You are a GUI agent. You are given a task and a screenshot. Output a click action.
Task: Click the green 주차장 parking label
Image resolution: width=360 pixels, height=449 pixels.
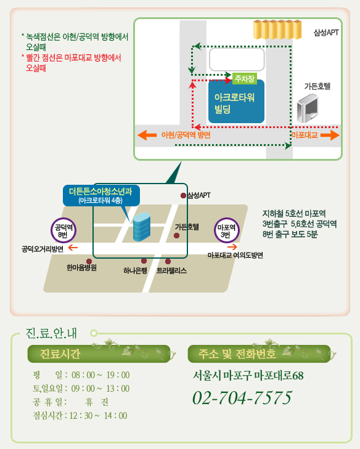coord(245,78)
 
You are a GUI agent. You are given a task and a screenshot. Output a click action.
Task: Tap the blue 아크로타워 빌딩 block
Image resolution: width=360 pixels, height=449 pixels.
coord(237,102)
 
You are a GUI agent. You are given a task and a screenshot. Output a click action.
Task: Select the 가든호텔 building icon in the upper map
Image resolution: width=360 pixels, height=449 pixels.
coord(307,109)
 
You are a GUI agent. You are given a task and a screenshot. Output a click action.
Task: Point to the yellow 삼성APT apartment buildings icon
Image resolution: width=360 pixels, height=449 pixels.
coord(277,29)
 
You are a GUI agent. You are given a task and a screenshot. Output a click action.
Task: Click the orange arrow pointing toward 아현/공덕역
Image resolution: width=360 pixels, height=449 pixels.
coord(147,135)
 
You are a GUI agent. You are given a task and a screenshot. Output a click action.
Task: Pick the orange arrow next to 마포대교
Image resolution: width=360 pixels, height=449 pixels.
coord(330,135)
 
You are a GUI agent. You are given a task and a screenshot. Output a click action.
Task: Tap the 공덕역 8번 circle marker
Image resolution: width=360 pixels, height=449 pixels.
coord(63,230)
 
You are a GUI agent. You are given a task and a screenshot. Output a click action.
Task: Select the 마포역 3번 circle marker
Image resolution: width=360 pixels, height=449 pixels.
coord(226,230)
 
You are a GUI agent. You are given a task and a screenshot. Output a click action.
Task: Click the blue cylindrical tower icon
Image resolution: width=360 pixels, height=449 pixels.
coord(142,227)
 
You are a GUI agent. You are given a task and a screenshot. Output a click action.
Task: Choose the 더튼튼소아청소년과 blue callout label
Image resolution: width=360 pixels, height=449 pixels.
coord(102,196)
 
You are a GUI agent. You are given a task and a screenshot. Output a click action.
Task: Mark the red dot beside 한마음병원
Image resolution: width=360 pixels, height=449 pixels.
coord(89,261)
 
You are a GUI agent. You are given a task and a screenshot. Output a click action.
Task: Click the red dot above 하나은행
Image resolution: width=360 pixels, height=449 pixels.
coord(144,261)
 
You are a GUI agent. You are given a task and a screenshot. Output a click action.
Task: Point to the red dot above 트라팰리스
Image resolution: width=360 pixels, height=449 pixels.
coord(168,261)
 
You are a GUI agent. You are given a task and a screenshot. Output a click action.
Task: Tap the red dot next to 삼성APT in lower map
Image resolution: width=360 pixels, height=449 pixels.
coord(183,196)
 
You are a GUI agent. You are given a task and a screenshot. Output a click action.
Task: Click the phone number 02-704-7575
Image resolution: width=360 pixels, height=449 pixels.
coord(242,398)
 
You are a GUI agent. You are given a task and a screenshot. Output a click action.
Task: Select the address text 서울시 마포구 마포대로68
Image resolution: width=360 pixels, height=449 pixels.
coord(248,376)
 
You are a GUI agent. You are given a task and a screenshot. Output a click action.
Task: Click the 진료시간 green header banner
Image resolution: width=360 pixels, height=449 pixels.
coord(99,354)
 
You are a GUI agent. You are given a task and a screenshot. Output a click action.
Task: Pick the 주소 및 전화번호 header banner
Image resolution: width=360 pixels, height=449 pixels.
coord(259,354)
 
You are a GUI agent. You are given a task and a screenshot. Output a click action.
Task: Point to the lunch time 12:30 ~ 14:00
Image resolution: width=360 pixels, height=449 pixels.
coord(98,416)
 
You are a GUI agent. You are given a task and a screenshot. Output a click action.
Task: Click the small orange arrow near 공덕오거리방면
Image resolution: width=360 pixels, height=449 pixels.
coord(73,248)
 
